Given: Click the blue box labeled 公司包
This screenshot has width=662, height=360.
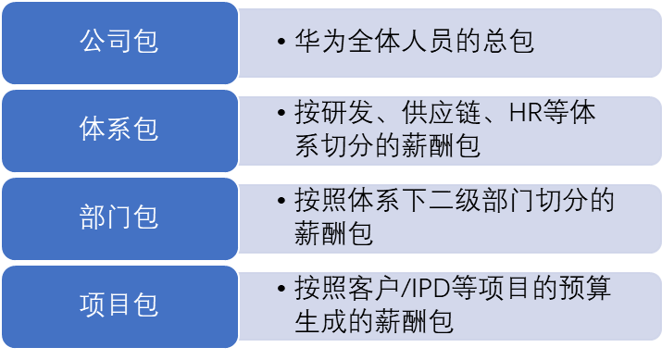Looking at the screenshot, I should coord(119,43).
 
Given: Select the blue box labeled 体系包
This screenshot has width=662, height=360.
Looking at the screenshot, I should coord(119,130).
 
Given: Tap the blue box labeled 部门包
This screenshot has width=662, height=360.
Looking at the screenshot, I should coord(119,217).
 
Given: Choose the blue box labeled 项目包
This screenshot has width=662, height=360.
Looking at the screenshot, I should coord(119,304).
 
